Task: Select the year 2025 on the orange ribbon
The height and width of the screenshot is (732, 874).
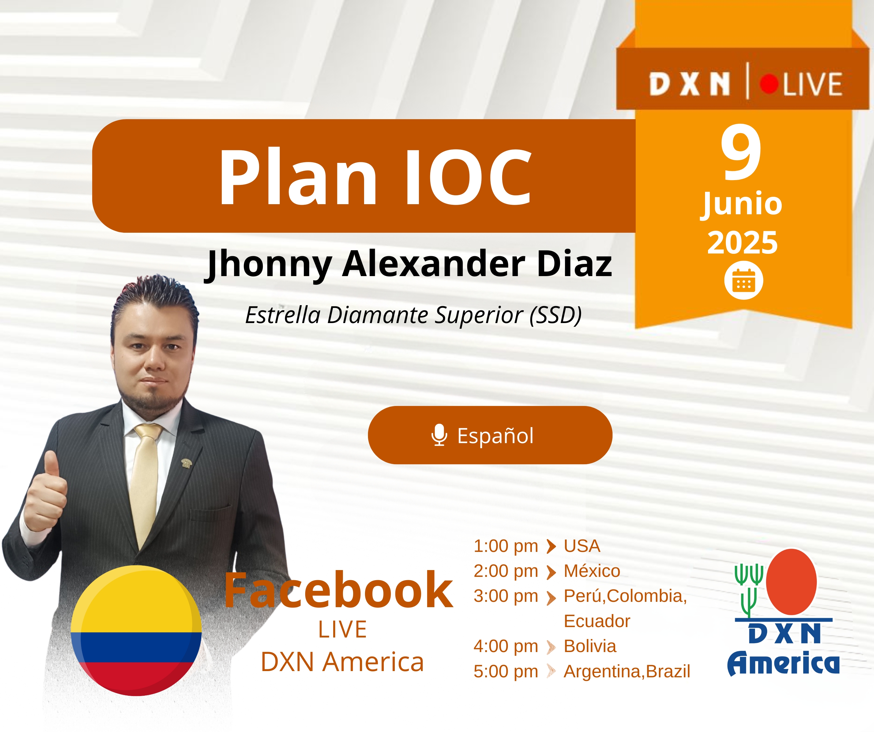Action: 743,243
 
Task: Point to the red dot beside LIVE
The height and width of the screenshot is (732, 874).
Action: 769,84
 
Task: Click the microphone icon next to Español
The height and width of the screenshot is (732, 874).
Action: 439,435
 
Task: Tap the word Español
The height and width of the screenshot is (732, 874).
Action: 495,435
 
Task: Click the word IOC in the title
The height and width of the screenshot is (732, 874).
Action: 468,177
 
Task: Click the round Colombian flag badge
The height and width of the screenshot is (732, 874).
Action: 136,631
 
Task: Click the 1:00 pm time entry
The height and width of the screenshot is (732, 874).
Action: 506,546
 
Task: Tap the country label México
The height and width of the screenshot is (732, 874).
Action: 592,571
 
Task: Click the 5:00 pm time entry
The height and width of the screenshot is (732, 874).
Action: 506,671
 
